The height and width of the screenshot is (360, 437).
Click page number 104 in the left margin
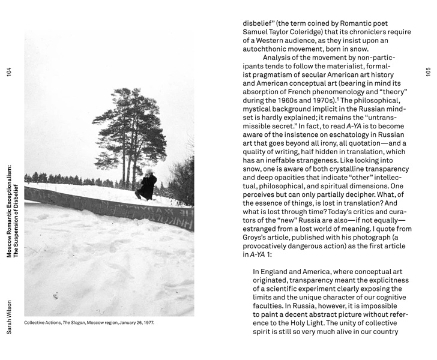(x=9, y=71)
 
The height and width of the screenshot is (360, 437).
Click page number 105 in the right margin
(x=428, y=71)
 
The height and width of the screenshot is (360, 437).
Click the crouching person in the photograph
(x=146, y=185)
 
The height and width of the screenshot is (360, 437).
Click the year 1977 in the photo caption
(x=148, y=323)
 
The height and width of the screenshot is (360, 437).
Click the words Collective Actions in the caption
(x=42, y=323)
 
